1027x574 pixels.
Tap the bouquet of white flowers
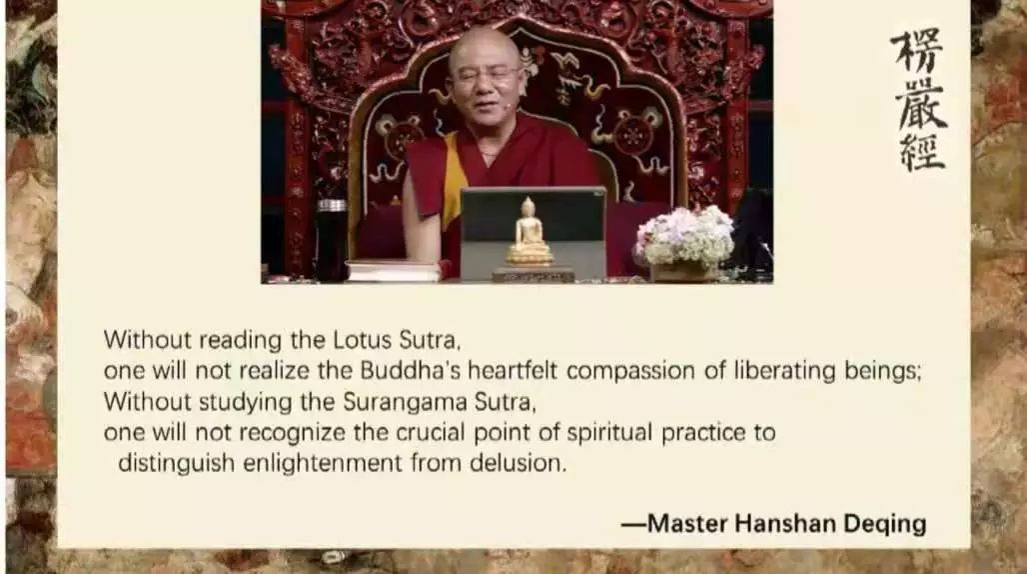tap(685, 237)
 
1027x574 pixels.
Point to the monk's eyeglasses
tap(485, 75)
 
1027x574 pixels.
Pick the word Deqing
tap(884, 524)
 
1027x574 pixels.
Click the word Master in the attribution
tap(687, 524)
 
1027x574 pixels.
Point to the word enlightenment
tap(323, 464)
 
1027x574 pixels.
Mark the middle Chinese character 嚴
tap(921, 105)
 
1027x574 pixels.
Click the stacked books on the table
tap(393, 270)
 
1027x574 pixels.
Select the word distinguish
tap(176, 464)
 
